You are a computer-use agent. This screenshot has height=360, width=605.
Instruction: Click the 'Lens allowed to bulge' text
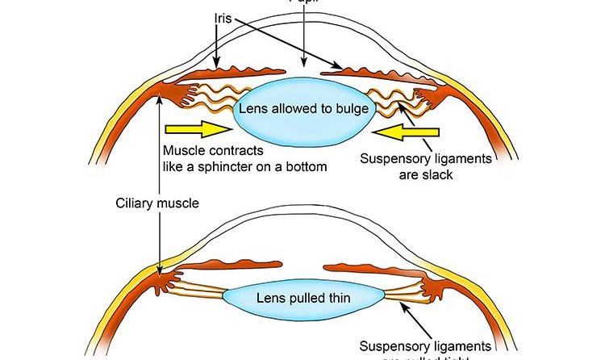pyautogui.click(x=303, y=107)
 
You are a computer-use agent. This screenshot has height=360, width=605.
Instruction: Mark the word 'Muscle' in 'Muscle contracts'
pyautogui.click(x=182, y=151)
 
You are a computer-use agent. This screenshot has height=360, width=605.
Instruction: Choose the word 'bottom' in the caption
pyautogui.click(x=304, y=167)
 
